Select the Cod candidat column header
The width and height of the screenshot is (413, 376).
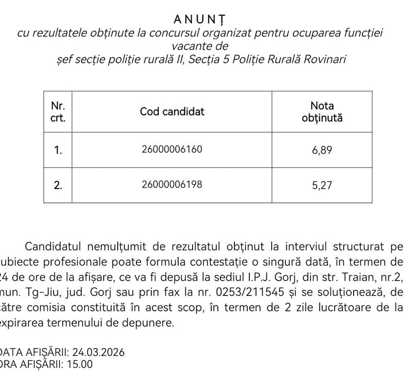point(172,112)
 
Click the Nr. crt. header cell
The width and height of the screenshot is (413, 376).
point(58,112)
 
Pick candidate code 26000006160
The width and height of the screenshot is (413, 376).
point(172,150)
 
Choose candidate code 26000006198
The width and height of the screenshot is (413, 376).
point(172,184)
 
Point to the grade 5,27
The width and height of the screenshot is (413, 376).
point(322,184)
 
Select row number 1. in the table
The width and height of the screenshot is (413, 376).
point(58,150)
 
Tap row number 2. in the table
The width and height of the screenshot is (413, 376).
point(58,184)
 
